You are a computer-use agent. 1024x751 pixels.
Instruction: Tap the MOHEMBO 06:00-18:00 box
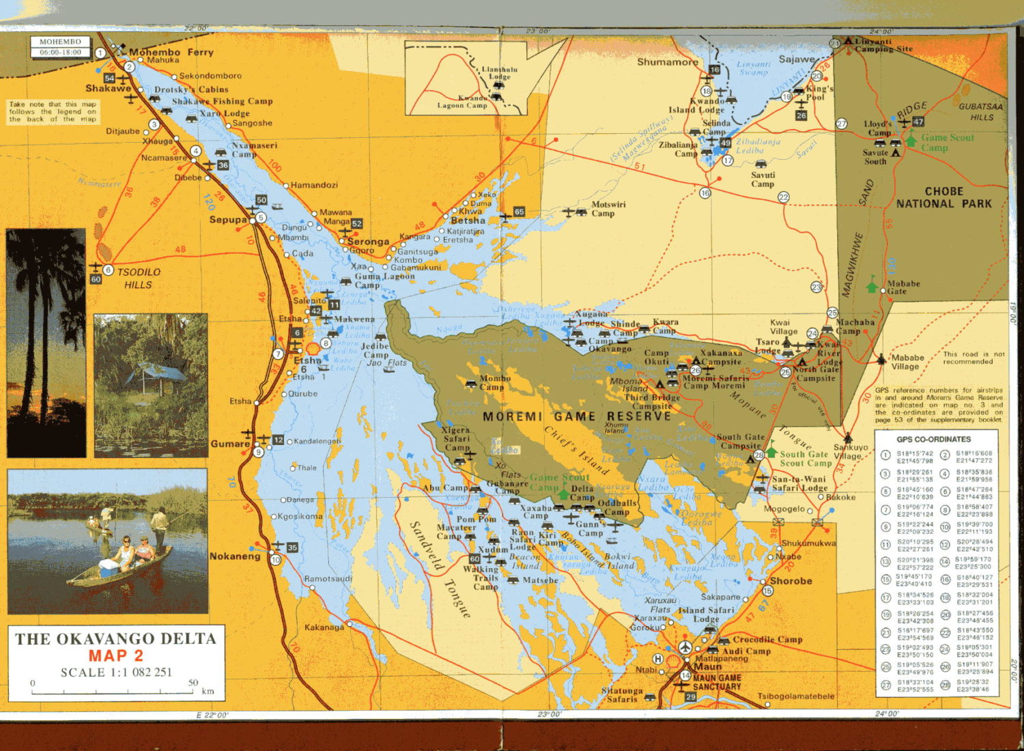[60, 46]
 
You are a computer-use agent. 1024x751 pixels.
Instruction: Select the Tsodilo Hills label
[139, 278]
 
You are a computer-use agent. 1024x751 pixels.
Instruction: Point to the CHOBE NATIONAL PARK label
[943, 197]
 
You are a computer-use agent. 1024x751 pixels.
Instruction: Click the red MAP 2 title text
[115, 655]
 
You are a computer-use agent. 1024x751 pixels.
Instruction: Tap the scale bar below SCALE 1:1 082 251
[113, 691]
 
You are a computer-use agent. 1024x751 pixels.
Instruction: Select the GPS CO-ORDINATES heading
[933, 439]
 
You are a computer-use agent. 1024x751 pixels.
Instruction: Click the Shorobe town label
[791, 581]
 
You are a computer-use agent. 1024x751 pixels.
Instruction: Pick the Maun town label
[708, 666]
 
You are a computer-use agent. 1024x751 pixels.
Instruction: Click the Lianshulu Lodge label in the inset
[499, 73]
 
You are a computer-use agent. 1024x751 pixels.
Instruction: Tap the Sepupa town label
[228, 220]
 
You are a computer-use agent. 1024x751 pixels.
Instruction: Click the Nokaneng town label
[235, 556]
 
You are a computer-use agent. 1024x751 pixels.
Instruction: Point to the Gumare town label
[230, 444]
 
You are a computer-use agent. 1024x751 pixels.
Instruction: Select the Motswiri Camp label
[607, 209]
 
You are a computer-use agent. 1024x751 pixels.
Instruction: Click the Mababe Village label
[907, 362]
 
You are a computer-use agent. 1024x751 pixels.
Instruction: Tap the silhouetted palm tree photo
[46, 343]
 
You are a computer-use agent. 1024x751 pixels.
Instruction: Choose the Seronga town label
[368, 242]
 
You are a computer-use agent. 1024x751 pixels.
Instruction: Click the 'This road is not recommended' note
[973, 358]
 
